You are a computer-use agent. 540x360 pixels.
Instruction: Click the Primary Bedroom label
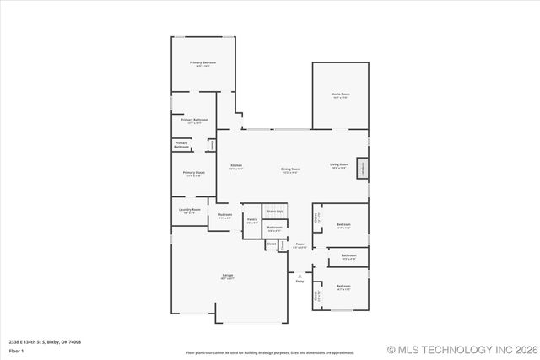click(x=202, y=63)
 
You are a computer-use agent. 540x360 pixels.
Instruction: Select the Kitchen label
click(x=236, y=165)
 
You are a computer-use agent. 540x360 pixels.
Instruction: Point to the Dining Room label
click(x=291, y=169)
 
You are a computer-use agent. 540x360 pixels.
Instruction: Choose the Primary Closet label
click(x=193, y=173)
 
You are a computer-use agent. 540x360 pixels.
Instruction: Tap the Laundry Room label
click(x=190, y=210)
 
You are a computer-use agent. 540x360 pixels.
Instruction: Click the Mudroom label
click(x=224, y=215)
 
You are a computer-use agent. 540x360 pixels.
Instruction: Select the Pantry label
click(x=251, y=219)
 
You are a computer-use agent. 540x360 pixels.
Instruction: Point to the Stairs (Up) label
click(x=275, y=211)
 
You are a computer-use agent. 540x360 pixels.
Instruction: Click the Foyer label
click(x=300, y=245)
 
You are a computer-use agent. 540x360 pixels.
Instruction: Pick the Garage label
click(x=228, y=276)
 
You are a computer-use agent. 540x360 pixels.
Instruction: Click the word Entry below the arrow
click(x=300, y=281)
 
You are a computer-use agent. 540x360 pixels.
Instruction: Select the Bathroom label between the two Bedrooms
click(x=348, y=255)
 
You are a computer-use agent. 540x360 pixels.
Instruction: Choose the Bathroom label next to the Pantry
click(x=275, y=228)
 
